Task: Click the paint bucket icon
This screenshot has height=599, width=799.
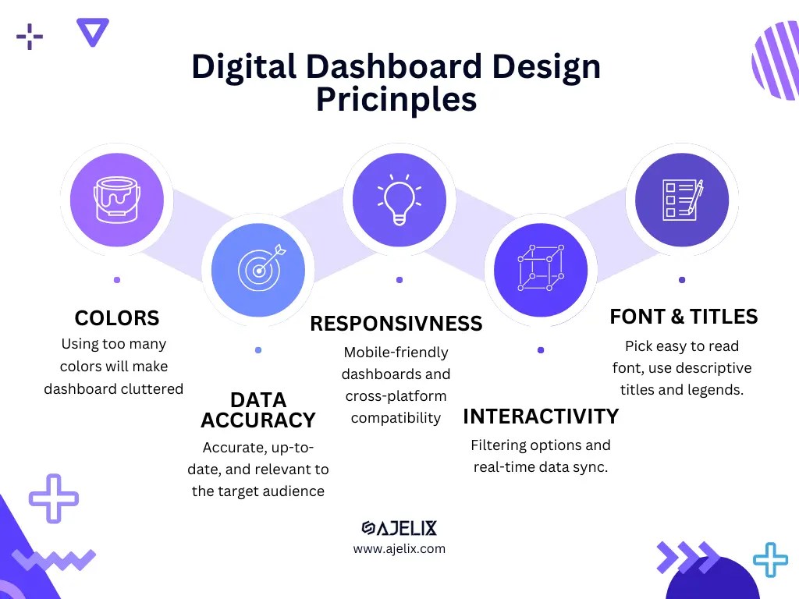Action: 116,200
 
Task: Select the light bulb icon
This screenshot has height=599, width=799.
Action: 399,200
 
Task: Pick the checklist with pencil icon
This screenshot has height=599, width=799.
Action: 682,200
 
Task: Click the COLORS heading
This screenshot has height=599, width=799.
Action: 117,318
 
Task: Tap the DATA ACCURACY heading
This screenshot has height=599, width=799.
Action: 257,410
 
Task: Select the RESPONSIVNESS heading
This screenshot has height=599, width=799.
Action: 396,324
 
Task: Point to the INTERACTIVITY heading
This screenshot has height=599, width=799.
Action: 541,416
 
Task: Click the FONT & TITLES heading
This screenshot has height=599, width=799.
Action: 684,317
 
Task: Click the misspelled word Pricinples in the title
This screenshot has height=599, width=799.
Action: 396,100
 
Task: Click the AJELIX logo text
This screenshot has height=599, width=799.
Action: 399,528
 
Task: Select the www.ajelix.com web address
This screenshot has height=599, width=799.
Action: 399,549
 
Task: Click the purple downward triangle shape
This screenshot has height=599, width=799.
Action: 93,31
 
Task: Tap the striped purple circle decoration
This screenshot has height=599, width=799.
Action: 776,61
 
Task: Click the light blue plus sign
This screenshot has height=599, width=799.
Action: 770,560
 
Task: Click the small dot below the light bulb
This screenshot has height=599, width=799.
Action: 399,279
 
